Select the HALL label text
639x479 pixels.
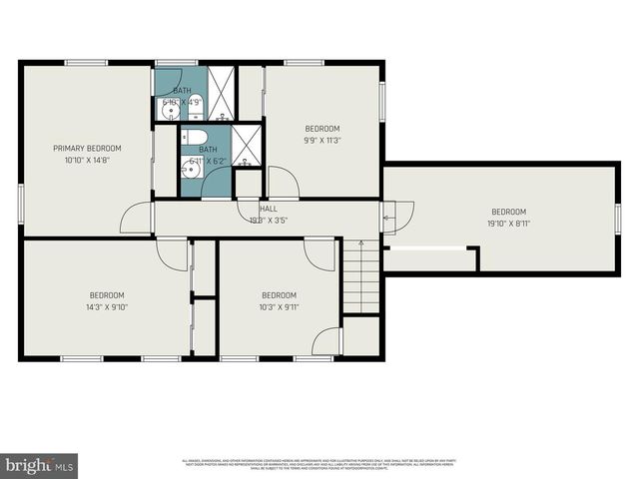tap(268, 209)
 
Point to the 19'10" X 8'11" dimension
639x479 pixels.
tap(508, 223)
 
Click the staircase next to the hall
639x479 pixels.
tap(361, 276)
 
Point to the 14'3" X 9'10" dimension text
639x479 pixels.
tap(107, 306)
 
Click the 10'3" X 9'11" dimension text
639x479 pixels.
tap(279, 306)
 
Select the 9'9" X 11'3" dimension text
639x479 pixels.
tap(322, 141)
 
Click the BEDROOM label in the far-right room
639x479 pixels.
tap(508, 211)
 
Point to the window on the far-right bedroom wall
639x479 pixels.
tap(618, 218)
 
